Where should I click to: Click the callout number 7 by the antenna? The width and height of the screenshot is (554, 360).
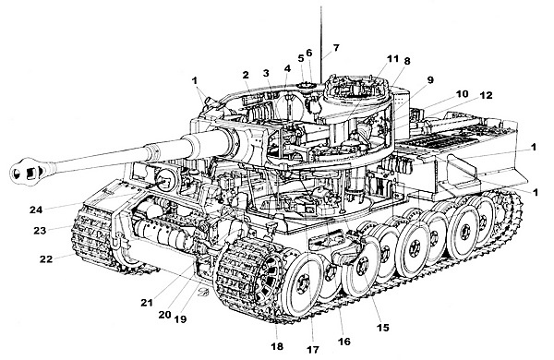pos(336,47)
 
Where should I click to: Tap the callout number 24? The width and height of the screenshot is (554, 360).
pos(36,210)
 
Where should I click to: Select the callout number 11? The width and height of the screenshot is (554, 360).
pos(392,59)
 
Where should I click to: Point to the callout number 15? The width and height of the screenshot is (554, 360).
pos(382,328)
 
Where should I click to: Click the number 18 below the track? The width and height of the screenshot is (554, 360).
pos(277,346)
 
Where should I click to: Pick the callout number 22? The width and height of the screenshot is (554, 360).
pos(46,259)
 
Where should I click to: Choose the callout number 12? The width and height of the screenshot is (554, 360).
pos(487,95)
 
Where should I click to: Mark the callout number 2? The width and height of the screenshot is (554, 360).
pos(246,75)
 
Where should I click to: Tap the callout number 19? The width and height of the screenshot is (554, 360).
pos(180,319)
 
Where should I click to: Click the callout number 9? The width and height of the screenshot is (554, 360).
pos(430,79)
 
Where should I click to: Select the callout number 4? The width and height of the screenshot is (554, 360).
pos(287,68)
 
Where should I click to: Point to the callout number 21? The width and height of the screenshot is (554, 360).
pos(147,303)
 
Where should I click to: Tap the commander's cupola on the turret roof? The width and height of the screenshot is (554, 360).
pos(356,89)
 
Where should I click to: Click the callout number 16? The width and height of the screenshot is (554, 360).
pos(344,342)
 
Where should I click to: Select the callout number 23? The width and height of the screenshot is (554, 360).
pos(40,231)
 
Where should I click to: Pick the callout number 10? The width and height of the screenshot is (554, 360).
pos(462,93)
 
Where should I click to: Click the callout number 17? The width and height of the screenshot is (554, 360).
pos(313,350)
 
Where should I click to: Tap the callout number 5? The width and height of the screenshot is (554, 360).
pos(301,58)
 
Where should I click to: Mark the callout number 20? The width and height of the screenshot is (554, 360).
pos(164,314)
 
